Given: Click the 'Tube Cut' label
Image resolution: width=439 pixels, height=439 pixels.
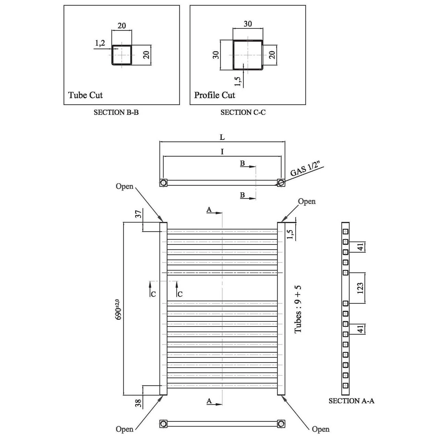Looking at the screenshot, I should [85, 95].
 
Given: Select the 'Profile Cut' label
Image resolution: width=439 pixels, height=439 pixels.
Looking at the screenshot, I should [214, 95].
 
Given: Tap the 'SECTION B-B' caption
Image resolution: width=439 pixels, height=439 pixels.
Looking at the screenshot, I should [116, 112].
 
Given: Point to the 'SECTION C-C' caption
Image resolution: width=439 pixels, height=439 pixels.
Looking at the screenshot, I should [243, 112].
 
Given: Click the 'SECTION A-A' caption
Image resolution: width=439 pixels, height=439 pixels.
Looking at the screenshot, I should [351, 401].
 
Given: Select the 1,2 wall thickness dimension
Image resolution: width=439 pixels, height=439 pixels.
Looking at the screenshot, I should [100, 43].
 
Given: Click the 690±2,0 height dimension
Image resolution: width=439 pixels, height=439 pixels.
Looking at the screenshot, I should [118, 309].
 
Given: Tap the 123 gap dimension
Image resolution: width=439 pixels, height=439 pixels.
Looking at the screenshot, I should [360, 288].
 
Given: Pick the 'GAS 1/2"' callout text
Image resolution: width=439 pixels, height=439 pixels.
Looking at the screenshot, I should [307, 170].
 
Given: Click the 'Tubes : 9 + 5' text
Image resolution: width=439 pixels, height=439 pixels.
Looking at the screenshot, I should [298, 309].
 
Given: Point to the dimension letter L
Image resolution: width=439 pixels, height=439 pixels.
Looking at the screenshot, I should [222, 137].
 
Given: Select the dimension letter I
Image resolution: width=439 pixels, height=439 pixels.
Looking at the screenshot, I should [222, 152].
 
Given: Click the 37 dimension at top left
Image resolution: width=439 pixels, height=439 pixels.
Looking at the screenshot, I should [138, 214].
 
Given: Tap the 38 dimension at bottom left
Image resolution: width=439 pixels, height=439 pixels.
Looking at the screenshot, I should [138, 403].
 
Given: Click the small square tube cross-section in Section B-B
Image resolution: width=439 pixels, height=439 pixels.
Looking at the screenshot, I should [121, 55].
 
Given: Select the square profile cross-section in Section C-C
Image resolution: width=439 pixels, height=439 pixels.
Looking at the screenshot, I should [248, 55].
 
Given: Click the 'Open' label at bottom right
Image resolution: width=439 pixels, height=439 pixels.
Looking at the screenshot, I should [320, 429].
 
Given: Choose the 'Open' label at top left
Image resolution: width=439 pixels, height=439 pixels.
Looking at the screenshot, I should [124, 187].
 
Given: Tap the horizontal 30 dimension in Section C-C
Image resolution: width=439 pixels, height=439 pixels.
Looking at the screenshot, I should [248, 24].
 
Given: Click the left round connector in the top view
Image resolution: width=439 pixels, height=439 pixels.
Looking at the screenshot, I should [164, 182].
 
